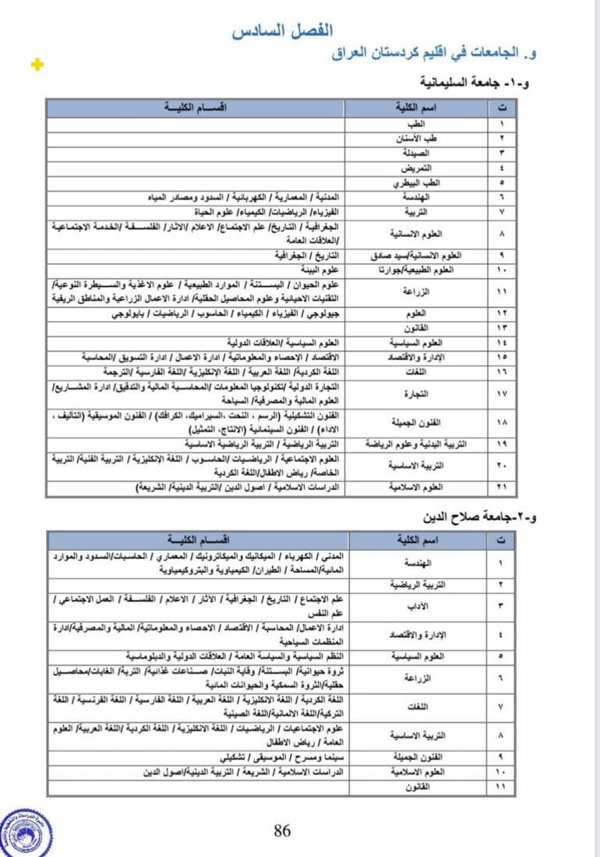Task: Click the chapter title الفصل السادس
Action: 282,31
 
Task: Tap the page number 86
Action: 282,831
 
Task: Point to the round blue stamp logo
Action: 25,833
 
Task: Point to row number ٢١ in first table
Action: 502,487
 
